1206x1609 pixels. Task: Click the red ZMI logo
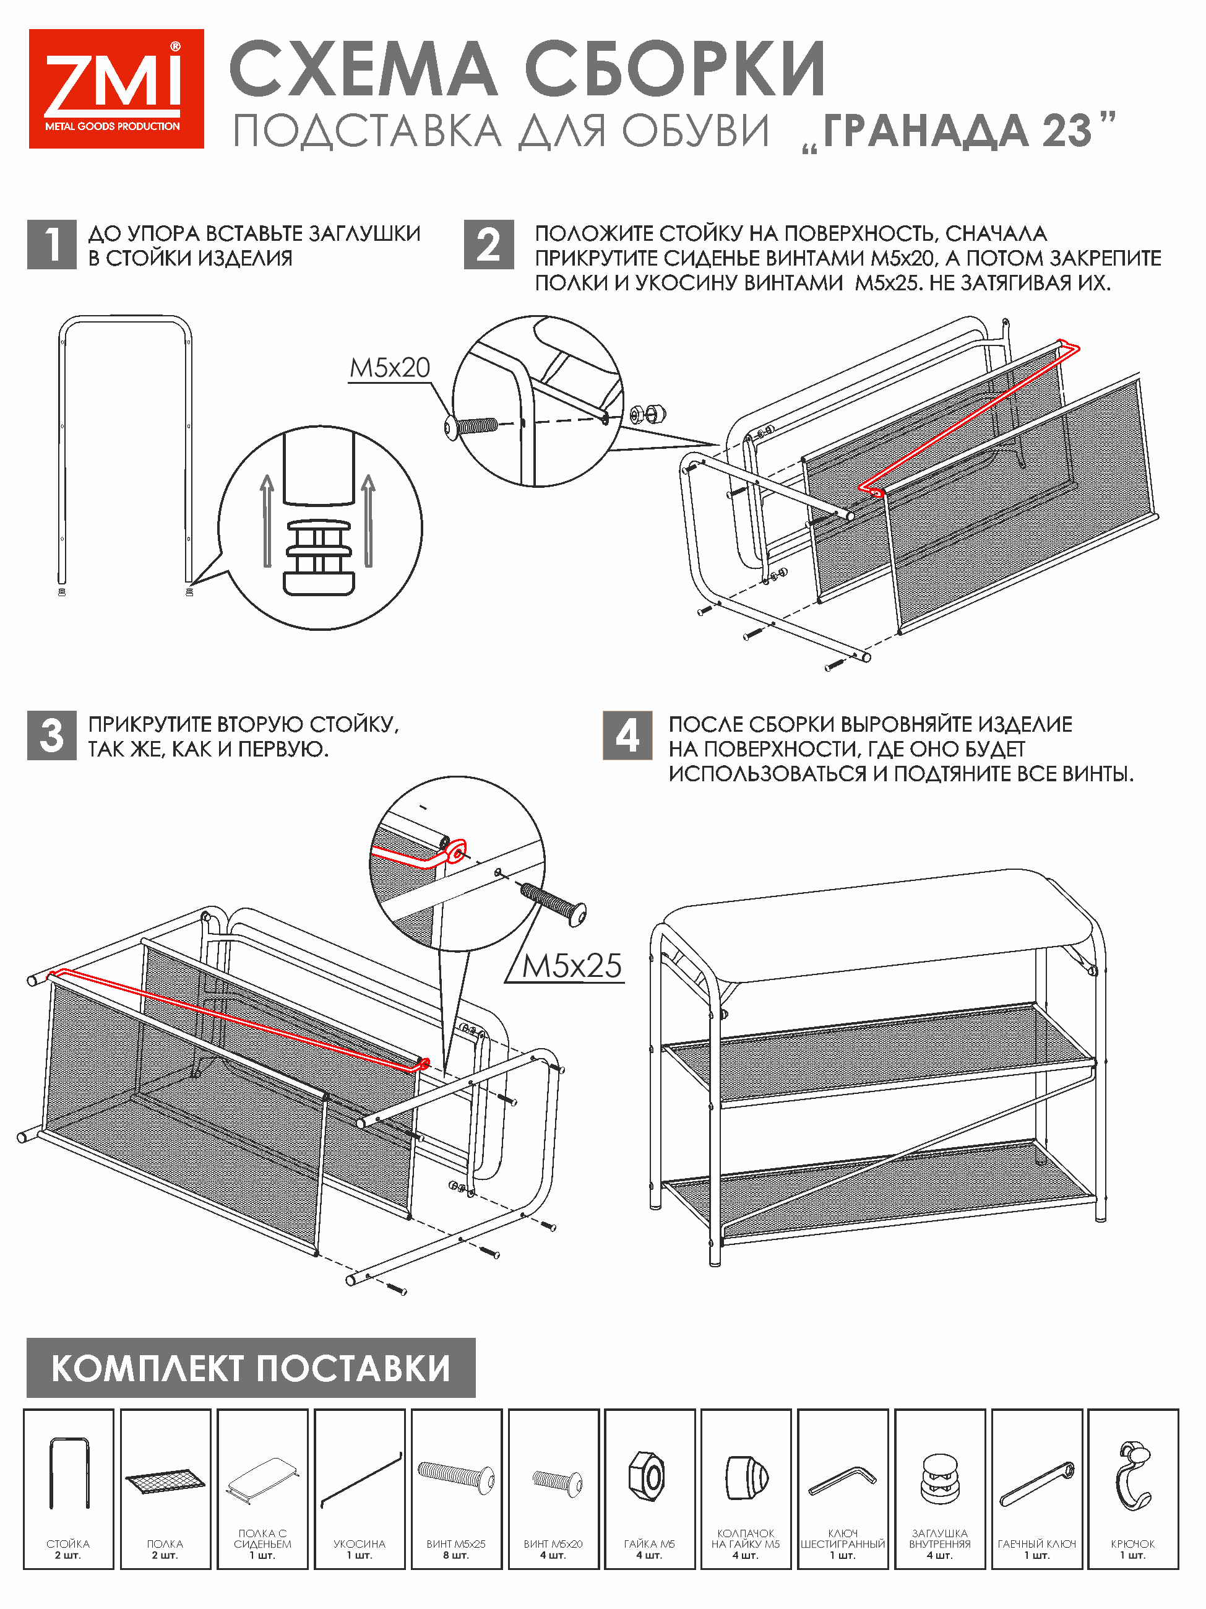pyautogui.click(x=116, y=89)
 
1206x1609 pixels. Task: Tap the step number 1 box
pyautogui.click(x=51, y=245)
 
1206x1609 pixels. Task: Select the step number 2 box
pyautogui.click(x=488, y=245)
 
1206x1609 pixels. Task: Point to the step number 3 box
pyautogui.click(x=51, y=735)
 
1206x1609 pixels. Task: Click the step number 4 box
pyautogui.click(x=627, y=735)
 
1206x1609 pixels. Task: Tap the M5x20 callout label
pyautogui.click(x=390, y=368)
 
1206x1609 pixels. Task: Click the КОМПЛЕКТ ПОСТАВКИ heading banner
pyautogui.click(x=251, y=1368)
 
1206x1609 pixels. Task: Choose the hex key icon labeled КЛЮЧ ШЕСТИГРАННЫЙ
pyautogui.click(x=843, y=1480)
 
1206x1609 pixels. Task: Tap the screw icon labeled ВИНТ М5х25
pyautogui.click(x=456, y=1476)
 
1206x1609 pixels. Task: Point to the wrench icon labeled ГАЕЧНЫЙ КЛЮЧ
pyautogui.click(x=1036, y=1483)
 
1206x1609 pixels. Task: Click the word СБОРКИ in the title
pyautogui.click(x=674, y=70)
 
